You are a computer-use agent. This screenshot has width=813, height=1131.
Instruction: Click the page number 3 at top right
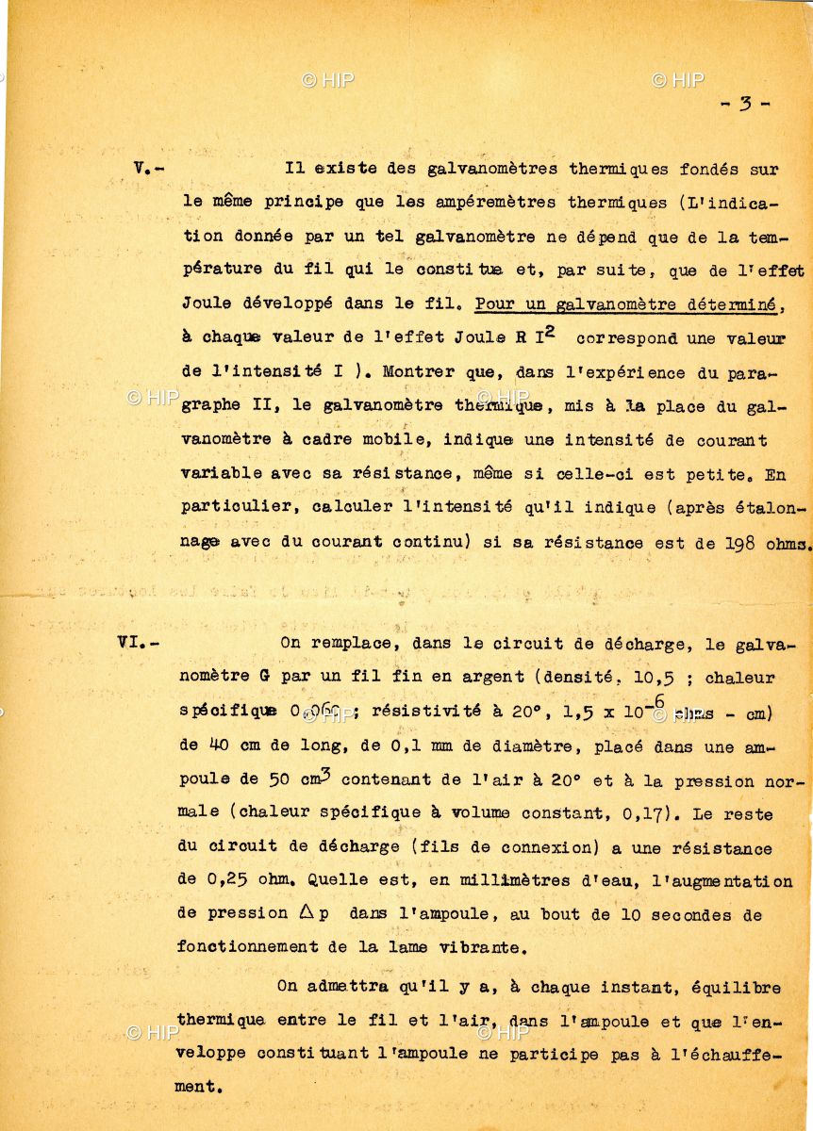[x=744, y=105]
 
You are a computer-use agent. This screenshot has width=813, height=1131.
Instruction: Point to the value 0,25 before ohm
[x=226, y=881]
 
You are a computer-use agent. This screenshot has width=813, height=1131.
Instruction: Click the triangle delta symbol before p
[x=307, y=913]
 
